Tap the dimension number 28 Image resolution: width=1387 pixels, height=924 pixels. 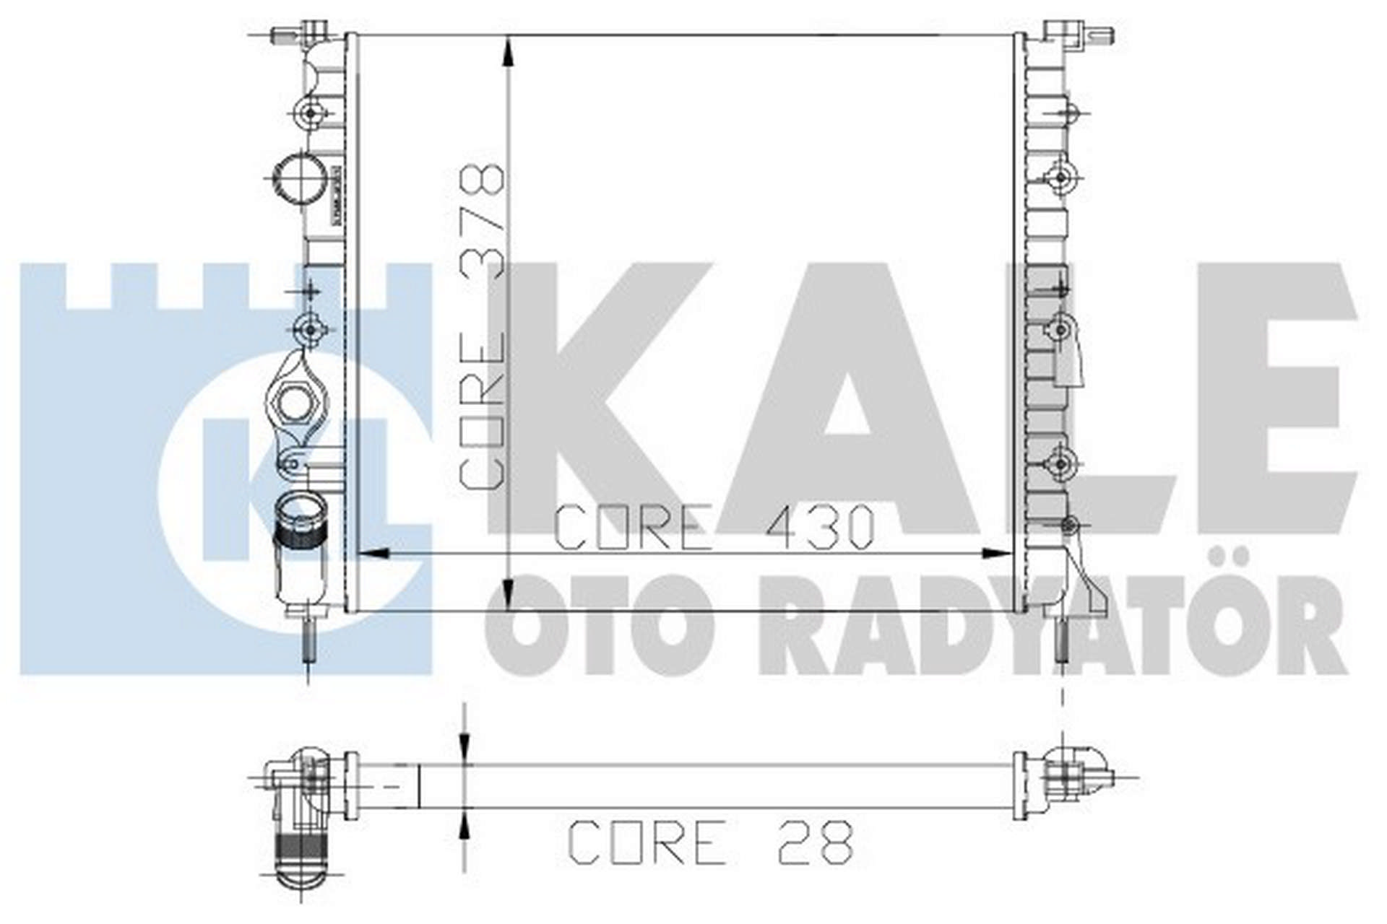coord(816,842)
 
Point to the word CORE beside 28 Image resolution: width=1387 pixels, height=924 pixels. coord(647,842)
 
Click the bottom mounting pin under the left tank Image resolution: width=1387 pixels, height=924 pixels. coord(309,639)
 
